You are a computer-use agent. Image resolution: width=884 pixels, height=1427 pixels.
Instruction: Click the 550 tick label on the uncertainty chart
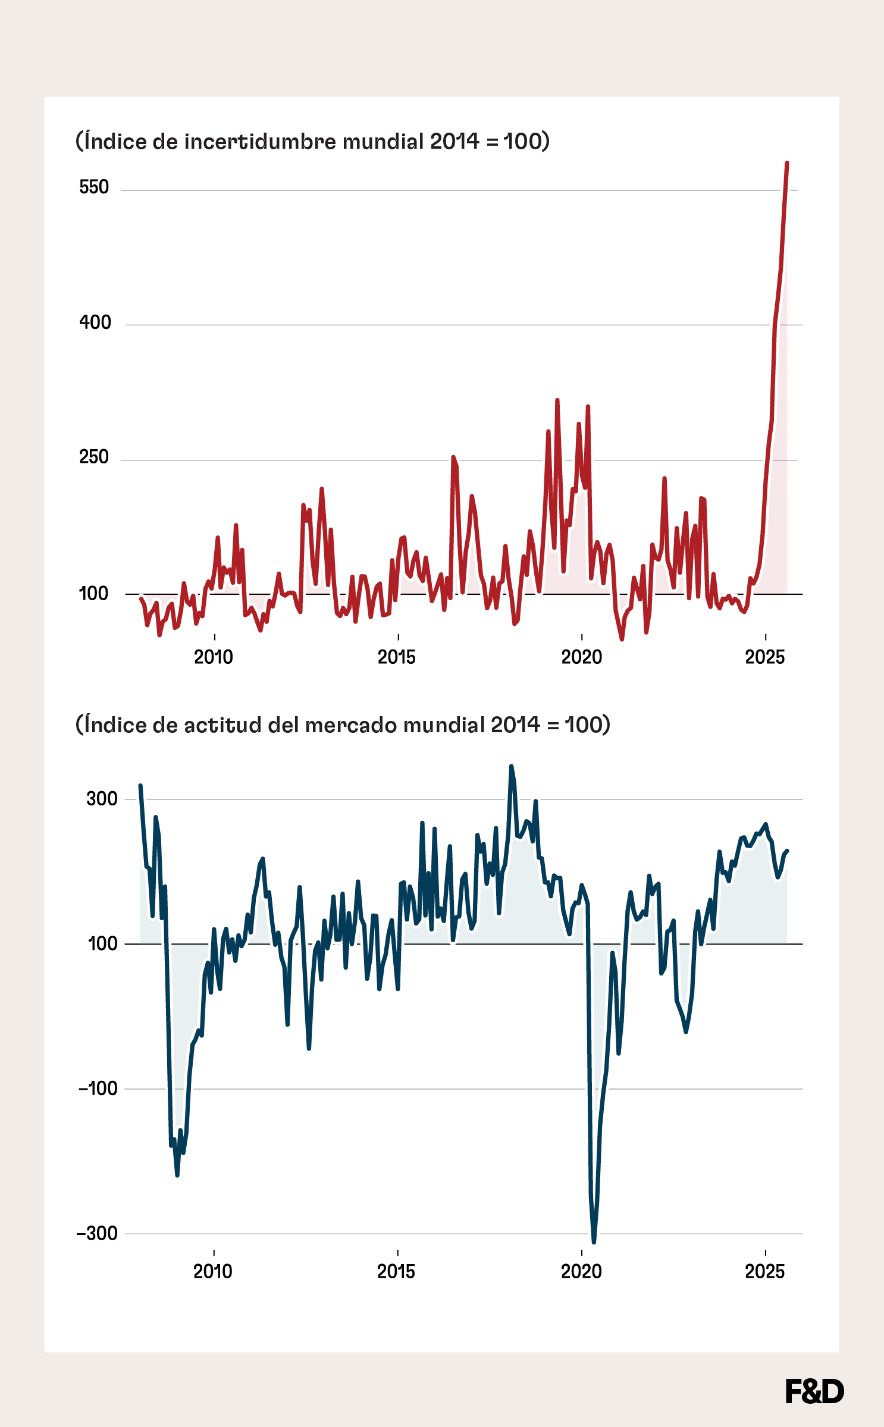[x=94, y=187]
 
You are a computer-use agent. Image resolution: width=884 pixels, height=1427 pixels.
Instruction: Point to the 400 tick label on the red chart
[x=95, y=322]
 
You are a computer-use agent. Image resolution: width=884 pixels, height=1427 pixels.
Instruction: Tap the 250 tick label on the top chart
[x=94, y=457]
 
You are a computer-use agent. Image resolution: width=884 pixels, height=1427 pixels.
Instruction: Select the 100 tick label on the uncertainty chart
[x=93, y=593]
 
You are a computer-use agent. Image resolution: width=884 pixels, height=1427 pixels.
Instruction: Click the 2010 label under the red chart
[x=214, y=657]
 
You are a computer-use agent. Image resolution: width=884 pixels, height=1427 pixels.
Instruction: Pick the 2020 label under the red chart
[x=581, y=657]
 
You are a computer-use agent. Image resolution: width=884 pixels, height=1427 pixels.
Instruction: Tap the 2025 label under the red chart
[x=765, y=657]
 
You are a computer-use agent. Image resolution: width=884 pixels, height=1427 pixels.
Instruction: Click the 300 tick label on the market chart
[x=102, y=798]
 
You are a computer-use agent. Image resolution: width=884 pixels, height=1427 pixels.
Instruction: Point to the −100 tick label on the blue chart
[x=98, y=1089]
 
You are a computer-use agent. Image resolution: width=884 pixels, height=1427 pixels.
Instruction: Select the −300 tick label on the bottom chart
[x=98, y=1233]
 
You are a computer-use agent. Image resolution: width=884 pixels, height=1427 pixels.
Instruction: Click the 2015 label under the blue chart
[x=396, y=1272]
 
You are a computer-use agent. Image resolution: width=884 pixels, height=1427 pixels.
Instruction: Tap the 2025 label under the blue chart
[x=765, y=1272]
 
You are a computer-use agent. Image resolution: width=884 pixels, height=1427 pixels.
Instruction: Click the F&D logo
[x=814, y=1391]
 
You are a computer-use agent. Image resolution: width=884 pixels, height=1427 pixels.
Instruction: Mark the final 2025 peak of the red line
[x=787, y=163]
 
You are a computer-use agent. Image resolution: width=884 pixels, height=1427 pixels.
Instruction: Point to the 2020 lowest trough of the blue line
[x=594, y=1241]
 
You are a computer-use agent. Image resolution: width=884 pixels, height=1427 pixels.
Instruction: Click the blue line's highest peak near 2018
[x=511, y=767]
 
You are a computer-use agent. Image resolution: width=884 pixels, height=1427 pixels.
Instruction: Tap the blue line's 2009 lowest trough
[x=177, y=1175]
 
